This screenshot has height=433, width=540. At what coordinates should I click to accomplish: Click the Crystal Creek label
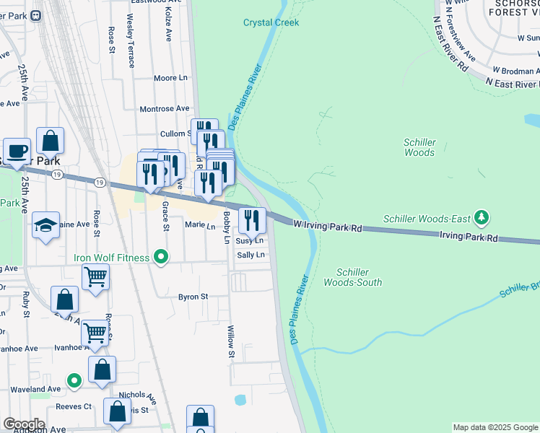click(271, 22)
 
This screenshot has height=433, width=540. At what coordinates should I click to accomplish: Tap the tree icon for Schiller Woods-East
click(482, 218)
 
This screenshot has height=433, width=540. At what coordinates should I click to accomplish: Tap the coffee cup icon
click(17, 151)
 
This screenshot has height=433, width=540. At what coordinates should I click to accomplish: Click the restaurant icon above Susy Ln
click(252, 219)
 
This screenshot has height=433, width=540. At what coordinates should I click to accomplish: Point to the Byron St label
click(193, 297)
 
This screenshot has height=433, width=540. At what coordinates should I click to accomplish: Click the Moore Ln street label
click(170, 78)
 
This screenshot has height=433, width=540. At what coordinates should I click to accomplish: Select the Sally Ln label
click(251, 255)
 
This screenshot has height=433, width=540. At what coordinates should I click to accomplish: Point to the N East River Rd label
click(513, 84)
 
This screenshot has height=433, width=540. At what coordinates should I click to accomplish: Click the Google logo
click(23, 424)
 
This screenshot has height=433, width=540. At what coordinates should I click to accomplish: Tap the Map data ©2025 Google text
click(495, 427)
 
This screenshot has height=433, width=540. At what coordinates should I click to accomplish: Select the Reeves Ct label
click(77, 406)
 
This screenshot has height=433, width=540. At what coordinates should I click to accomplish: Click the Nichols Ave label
click(137, 396)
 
